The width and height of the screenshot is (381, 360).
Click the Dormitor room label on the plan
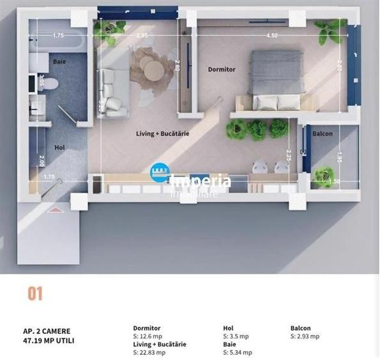(222, 69)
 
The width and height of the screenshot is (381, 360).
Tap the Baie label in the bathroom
(59, 62)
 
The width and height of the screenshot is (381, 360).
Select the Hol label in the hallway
(59, 148)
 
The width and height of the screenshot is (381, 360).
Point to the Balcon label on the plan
(322, 134)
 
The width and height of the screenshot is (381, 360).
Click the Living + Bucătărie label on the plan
(162, 134)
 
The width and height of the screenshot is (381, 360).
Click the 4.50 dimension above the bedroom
(271, 36)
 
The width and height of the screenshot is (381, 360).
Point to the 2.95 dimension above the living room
(142, 36)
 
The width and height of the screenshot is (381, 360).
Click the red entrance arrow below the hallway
(56, 208)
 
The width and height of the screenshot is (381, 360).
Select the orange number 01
(35, 294)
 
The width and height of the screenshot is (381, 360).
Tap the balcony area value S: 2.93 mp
(305, 336)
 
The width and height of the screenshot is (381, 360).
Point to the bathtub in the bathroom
(58, 43)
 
